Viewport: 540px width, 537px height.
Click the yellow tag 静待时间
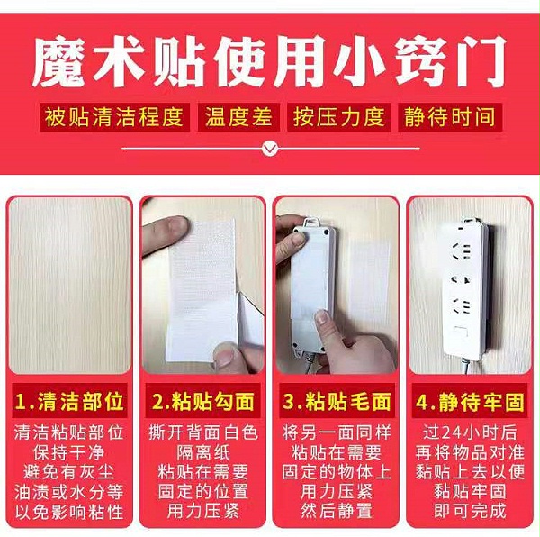coord(451,117)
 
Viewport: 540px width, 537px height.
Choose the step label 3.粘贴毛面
coord(337,398)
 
